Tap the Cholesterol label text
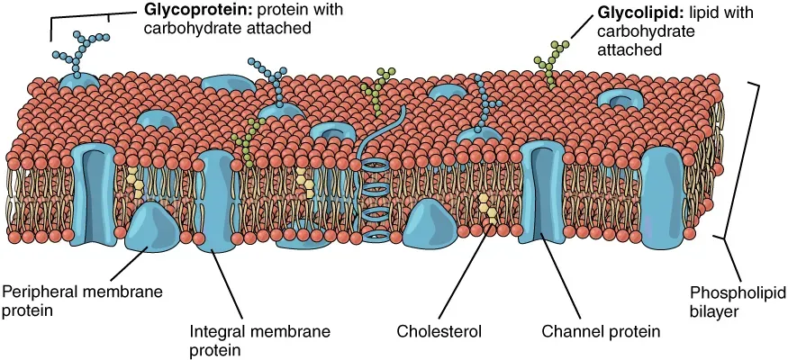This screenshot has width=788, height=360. (439, 331)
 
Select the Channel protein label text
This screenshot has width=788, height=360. (601, 331)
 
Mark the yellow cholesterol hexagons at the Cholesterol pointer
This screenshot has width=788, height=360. (487, 208)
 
